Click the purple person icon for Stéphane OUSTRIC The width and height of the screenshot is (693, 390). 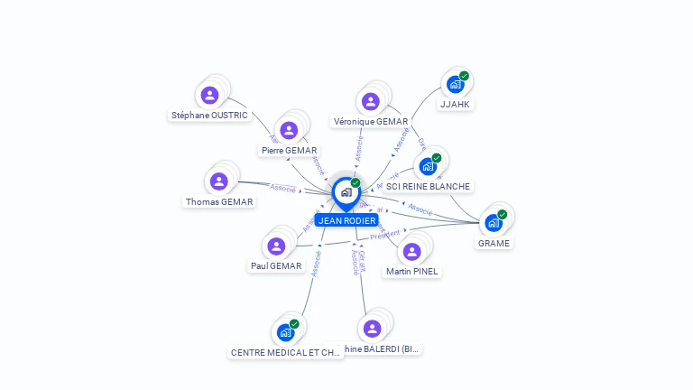209,95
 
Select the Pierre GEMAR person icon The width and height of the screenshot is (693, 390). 289,130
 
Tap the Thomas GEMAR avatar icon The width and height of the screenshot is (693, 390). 218,181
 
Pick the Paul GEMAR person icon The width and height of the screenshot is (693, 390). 276,246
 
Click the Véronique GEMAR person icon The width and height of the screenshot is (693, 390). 370,101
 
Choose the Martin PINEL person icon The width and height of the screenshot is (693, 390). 411,251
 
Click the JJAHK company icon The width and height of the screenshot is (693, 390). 455,85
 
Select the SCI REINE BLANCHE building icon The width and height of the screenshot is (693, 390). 428,167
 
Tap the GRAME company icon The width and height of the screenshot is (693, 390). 493,223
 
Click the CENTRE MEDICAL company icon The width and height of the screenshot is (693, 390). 286,332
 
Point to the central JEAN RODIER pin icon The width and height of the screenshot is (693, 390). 346,192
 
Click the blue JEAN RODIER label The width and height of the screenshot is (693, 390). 346,220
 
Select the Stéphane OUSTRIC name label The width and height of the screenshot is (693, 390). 209,116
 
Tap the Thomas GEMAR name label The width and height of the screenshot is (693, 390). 219,202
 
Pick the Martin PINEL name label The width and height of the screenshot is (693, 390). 411,271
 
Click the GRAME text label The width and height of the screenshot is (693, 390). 494,243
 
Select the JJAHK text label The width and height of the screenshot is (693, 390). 455,105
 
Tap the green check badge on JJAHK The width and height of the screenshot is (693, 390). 464,76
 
